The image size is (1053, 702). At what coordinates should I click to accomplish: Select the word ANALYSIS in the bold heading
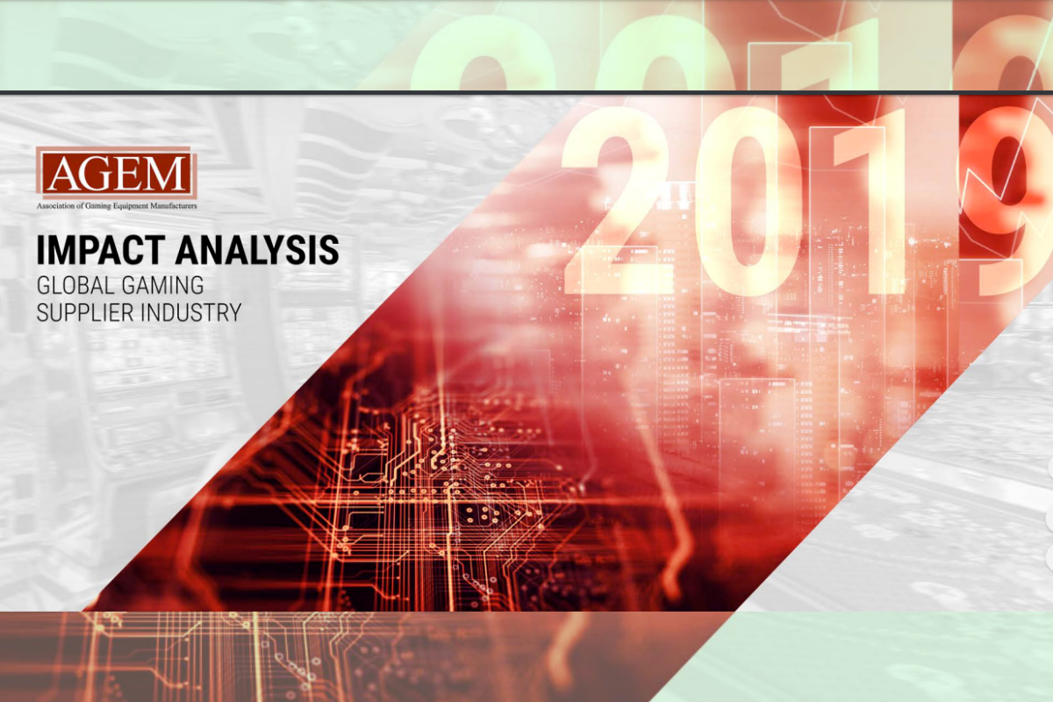(x=257, y=250)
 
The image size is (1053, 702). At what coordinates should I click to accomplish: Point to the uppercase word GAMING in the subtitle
(x=162, y=285)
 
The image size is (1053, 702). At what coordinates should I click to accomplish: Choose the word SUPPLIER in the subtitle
(x=87, y=312)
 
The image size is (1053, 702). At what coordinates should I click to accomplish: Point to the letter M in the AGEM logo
(x=166, y=174)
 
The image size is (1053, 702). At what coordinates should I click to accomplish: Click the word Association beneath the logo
(x=55, y=205)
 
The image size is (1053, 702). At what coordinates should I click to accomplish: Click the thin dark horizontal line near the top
(x=526, y=93)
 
